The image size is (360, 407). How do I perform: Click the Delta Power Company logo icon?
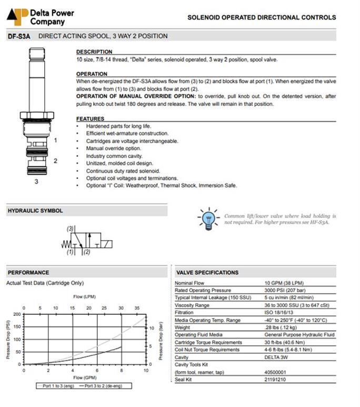point(17,16)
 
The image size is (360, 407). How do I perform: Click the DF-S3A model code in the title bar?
point(18,36)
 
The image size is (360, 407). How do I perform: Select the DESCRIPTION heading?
point(94,52)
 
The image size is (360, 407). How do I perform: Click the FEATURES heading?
point(91,118)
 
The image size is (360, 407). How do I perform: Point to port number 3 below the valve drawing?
point(36,182)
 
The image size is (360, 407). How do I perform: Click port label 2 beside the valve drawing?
point(55,161)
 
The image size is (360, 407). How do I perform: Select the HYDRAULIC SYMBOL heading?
point(35,211)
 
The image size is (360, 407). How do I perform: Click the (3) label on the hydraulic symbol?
point(70,229)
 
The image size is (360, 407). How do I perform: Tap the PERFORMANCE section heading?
point(28,272)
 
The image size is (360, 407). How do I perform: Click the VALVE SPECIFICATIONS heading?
point(207,272)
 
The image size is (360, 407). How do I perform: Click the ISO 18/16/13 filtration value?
point(280,313)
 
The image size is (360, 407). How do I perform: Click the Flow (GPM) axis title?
point(84,378)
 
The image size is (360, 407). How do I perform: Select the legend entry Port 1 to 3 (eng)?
point(56,385)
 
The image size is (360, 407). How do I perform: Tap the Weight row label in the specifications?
point(184,327)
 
